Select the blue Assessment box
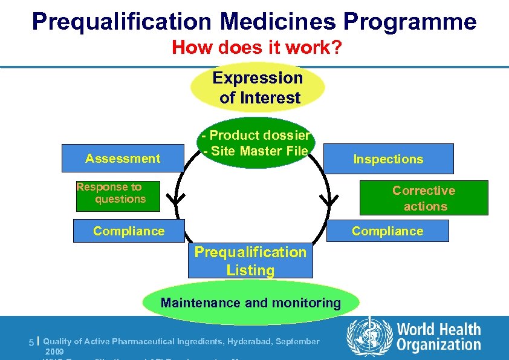pyautogui.click(x=123, y=159)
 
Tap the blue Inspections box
pyautogui.click(x=388, y=159)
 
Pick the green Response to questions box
pyautogui.click(x=118, y=195)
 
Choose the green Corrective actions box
pyautogui.click(x=424, y=198)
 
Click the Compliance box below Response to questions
pyautogui.click(x=129, y=231)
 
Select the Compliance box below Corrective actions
pyautogui.click(x=387, y=231)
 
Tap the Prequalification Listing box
pyautogui.click(x=250, y=261)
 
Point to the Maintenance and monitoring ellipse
pyautogui.click(x=250, y=303)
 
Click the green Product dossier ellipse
pyautogui.click(x=256, y=143)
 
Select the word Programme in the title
pyautogui.click(x=410, y=22)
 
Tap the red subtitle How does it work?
pyautogui.click(x=257, y=47)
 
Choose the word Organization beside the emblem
pyautogui.click(x=439, y=345)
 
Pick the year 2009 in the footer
pyautogui.click(x=54, y=351)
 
